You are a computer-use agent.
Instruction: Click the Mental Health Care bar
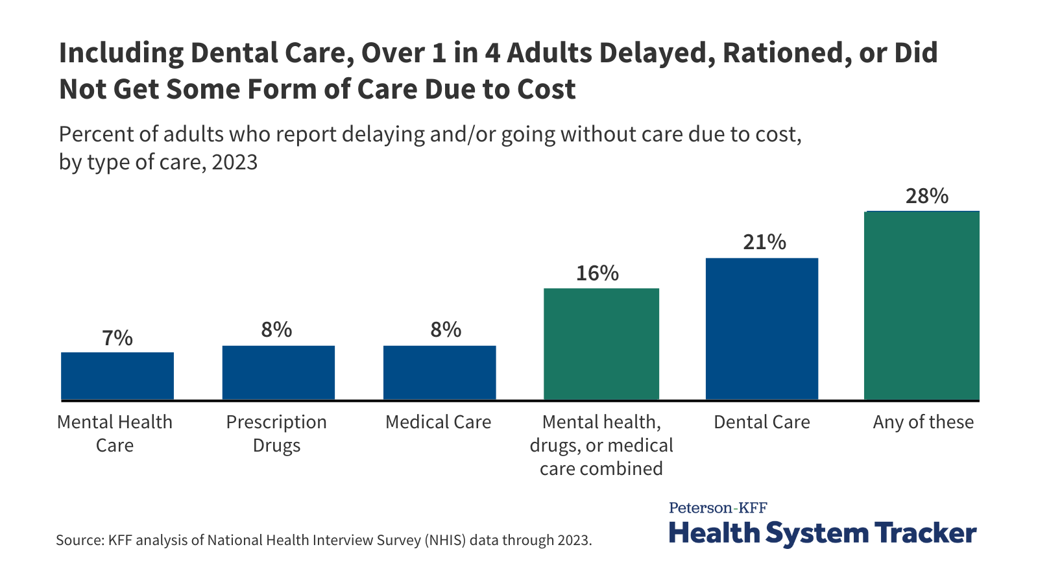point(117,376)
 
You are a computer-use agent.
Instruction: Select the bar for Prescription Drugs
point(278,372)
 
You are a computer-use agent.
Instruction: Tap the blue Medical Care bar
point(440,372)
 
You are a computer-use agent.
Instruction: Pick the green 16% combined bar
point(601,344)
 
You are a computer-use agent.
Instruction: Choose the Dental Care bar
point(762,329)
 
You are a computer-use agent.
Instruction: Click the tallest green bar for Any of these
point(922,306)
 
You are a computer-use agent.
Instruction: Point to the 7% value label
point(117,338)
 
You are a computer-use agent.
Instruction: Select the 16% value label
point(597,273)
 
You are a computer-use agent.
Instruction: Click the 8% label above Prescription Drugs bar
point(277,330)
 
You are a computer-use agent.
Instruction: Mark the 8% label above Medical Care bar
point(446,330)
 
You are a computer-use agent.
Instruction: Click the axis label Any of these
point(923,422)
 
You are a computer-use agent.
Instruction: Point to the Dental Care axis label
point(762,422)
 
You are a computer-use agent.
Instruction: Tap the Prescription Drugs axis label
point(276,433)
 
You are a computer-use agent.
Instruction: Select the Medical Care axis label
point(439,422)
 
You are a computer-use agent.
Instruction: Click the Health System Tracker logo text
point(822,533)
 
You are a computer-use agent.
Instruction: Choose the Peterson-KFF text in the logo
point(718,507)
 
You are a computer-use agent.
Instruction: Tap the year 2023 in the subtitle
point(234,162)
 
